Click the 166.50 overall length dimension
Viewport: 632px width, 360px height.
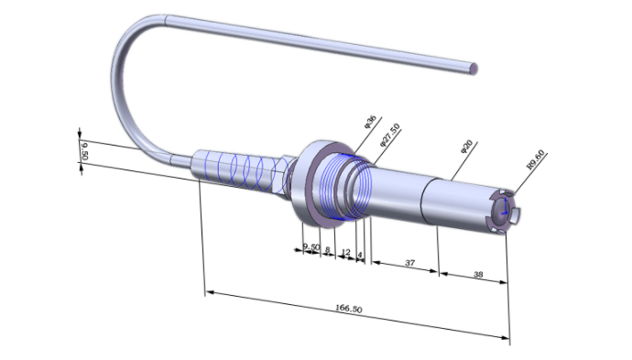pos(349,309)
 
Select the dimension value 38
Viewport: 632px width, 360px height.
pos(478,274)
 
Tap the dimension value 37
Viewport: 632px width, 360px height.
pos(410,263)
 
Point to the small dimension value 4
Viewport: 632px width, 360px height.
pos(360,255)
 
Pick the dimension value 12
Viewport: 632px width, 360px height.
pos(345,252)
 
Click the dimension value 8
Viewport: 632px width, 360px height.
pos(328,249)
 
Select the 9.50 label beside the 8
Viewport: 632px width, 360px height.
pos(311,246)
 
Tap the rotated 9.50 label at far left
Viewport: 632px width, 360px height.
pos(84,151)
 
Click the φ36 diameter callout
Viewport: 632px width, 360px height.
pos(370,121)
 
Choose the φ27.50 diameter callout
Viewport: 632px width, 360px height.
pos(390,135)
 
